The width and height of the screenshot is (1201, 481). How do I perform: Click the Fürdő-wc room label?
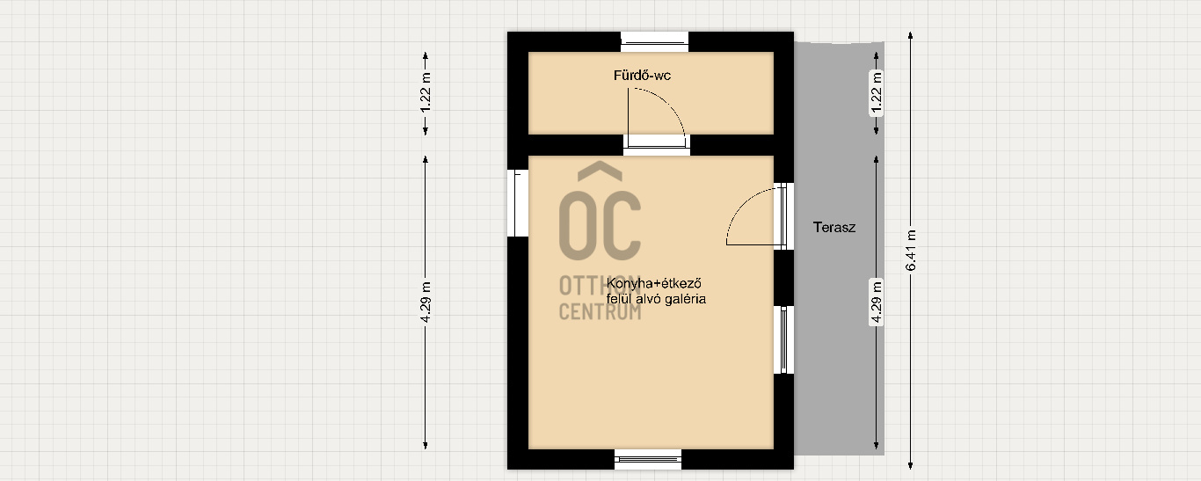pyautogui.click(x=642, y=75)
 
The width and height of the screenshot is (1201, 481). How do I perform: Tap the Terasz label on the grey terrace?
pyautogui.click(x=833, y=228)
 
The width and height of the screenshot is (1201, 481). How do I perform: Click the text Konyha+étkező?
pyautogui.click(x=653, y=283)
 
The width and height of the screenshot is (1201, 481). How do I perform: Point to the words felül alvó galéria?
pyautogui.click(x=656, y=299)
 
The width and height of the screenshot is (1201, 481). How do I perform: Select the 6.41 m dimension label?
pyautogui.click(x=910, y=251)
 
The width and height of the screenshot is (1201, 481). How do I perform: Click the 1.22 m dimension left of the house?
pyautogui.click(x=426, y=92)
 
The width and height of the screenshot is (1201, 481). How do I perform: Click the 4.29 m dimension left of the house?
pyautogui.click(x=426, y=302)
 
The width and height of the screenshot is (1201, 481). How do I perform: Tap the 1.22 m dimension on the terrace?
pyautogui.click(x=876, y=92)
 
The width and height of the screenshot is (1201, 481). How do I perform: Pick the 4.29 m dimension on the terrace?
pyautogui.click(x=876, y=302)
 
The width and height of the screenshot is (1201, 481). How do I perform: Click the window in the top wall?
pyautogui.click(x=655, y=42)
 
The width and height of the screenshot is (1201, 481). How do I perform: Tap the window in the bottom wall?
pyautogui.click(x=648, y=459)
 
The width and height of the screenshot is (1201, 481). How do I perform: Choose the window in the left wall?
pyautogui.click(x=517, y=203)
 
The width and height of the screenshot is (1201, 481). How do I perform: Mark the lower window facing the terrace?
pyautogui.click(x=784, y=340)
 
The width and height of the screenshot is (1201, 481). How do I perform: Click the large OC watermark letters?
pyautogui.click(x=600, y=225)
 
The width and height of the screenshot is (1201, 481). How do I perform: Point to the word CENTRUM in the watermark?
pyautogui.click(x=600, y=311)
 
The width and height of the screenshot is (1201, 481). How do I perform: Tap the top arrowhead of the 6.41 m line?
pyautogui.click(x=910, y=35)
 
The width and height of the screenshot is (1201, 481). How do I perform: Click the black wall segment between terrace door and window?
pyautogui.click(x=784, y=278)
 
